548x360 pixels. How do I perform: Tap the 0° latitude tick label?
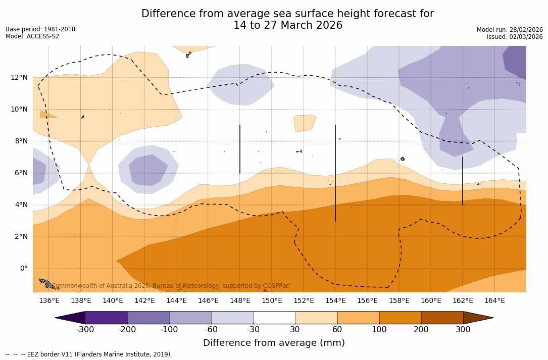point(23,268)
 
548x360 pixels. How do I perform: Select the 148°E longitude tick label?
point(240,300)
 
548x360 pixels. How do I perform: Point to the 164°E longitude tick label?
point(494,300)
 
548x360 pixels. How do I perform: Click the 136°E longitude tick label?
point(49,300)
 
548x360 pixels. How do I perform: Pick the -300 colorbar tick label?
point(85,330)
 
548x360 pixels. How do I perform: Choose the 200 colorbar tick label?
point(421,330)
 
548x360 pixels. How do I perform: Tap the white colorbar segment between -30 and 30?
point(274,318)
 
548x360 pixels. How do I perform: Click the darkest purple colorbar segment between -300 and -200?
point(106,318)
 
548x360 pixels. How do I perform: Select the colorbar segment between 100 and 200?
point(400,318)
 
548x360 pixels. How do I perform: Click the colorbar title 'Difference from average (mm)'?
point(274,343)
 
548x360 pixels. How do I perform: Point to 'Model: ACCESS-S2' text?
point(32,36)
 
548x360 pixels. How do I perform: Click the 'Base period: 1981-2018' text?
point(40,29)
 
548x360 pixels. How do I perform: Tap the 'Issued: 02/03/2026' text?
point(515,37)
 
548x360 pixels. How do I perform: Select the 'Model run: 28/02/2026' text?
point(510,30)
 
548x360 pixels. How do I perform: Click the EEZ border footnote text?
point(89,354)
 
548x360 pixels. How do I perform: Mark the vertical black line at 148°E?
point(240,149)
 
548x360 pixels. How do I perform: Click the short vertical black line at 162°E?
point(463,181)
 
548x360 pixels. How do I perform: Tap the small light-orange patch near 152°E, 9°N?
point(304,123)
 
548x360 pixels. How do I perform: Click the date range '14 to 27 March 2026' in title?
point(287,26)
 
